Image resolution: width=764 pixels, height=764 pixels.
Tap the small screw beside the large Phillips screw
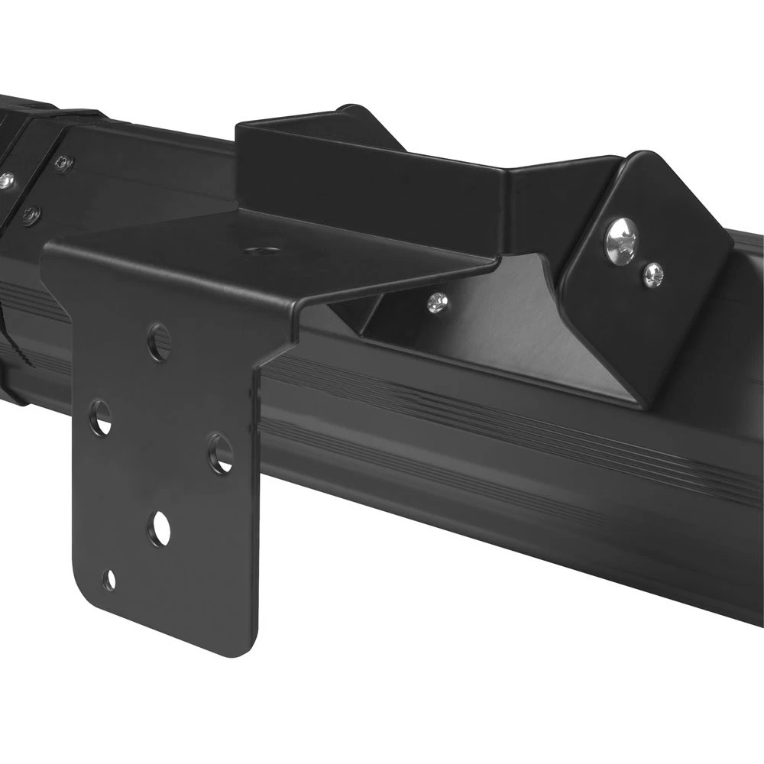[652, 275]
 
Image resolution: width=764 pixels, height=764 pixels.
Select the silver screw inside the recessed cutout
[436, 303]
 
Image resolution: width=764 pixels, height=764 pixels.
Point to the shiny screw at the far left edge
[6, 181]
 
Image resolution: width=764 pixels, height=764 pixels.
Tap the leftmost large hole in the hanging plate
[100, 418]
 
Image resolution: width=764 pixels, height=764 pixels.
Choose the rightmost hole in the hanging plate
[221, 452]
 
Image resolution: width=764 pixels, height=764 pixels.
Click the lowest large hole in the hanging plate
[160, 528]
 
